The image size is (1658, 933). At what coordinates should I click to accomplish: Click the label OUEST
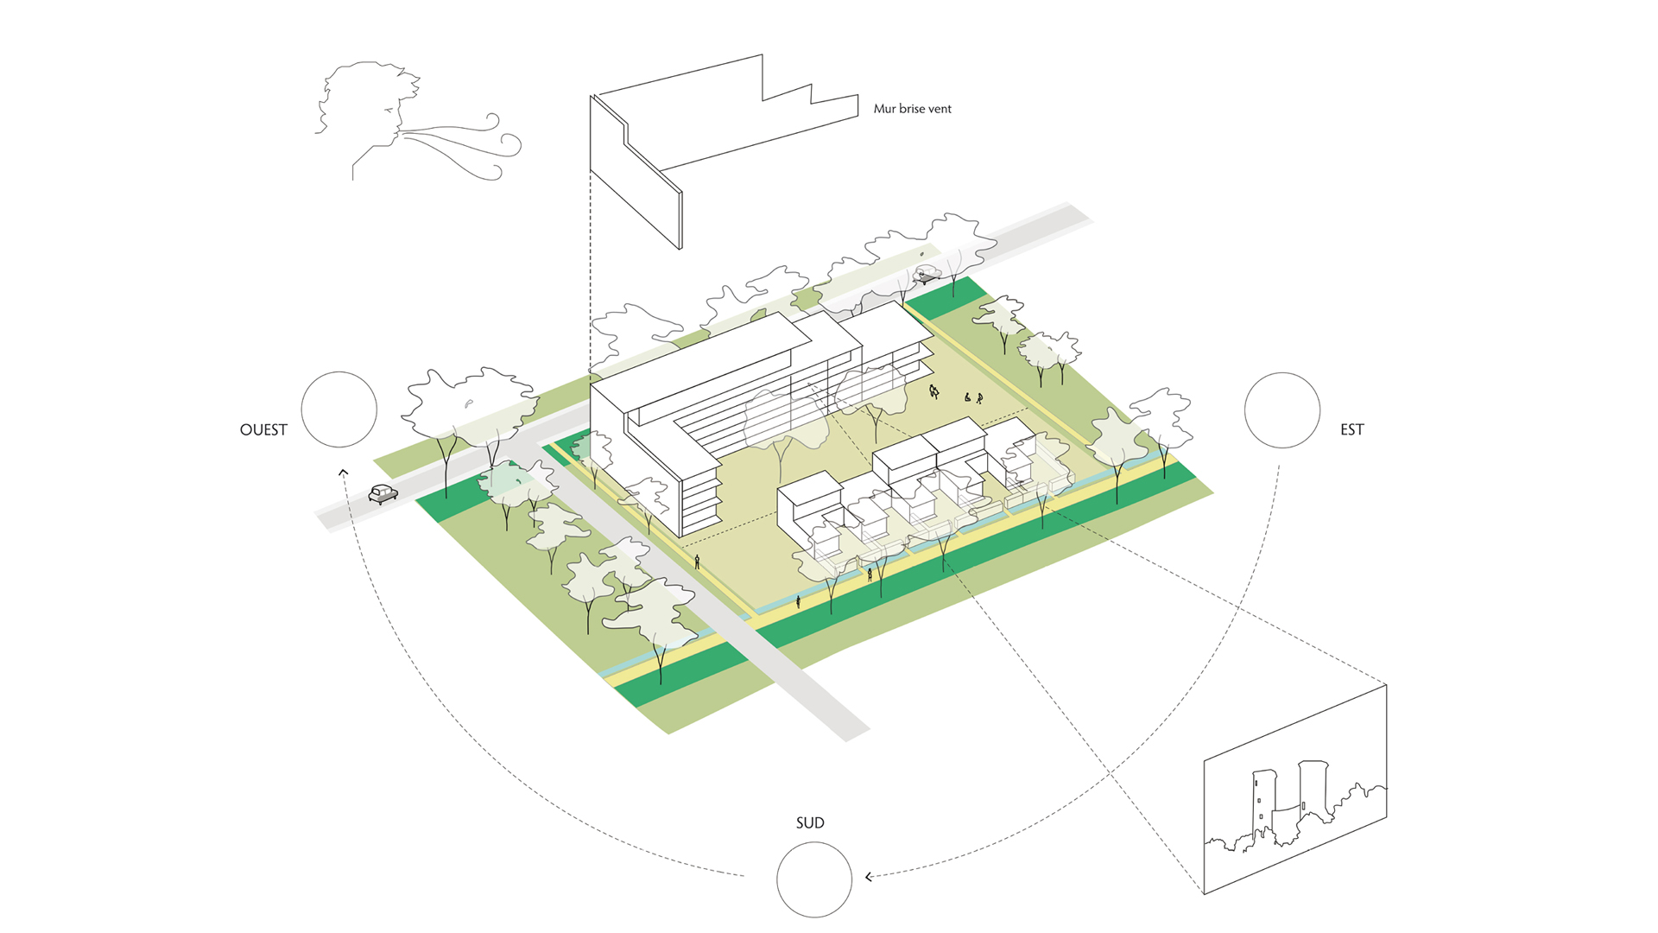tap(263, 429)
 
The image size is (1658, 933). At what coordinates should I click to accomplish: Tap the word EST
tap(1351, 429)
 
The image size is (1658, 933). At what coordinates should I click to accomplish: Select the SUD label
tap(810, 822)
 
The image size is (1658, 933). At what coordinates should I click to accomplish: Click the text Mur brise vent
tap(912, 109)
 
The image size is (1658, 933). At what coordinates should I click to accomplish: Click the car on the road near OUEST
tap(383, 493)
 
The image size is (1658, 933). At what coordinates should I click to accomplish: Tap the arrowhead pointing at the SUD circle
tap(869, 877)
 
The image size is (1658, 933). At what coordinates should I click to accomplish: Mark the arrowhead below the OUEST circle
tap(343, 472)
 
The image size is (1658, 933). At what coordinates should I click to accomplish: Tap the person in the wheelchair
tap(967, 397)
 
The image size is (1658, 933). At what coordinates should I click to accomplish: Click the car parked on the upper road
tap(927, 275)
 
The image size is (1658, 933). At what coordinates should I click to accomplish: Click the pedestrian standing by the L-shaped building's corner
tap(697, 562)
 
